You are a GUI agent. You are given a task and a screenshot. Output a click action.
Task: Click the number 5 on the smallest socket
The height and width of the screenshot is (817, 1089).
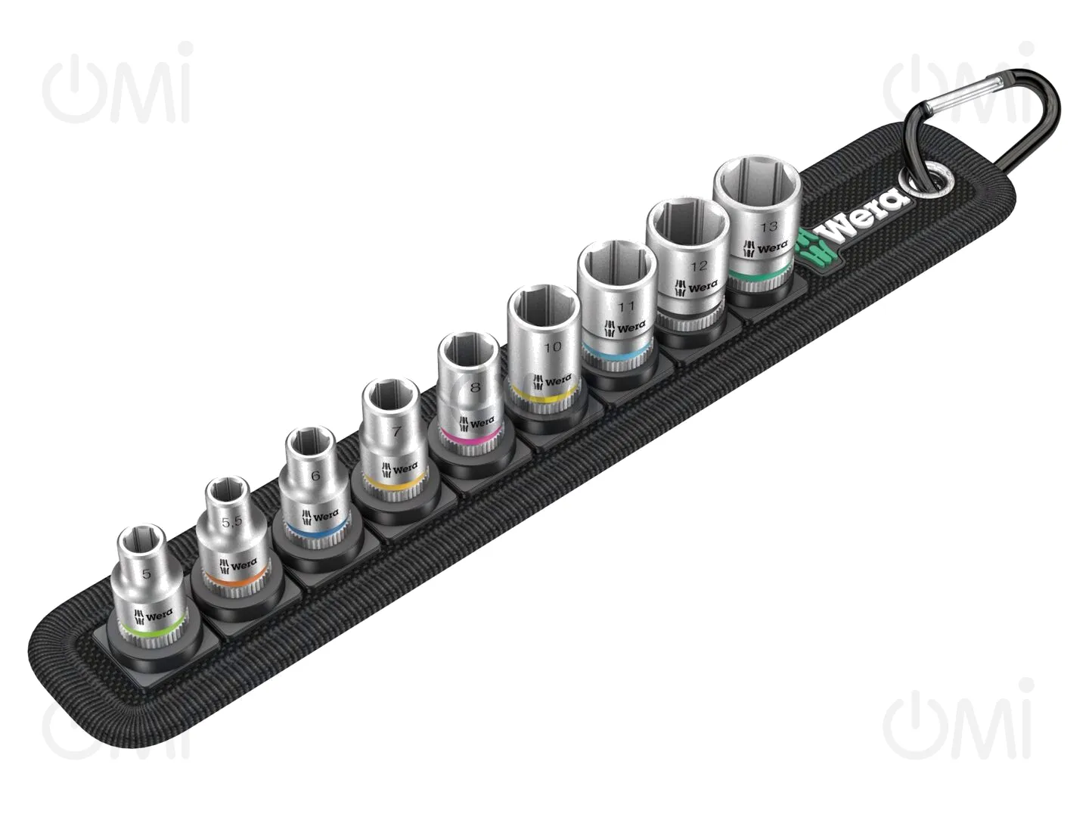coord(146,574)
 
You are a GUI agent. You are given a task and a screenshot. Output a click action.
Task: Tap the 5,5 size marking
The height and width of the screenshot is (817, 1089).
coord(231,522)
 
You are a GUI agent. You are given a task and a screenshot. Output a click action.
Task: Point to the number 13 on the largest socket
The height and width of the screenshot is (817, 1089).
coord(769,227)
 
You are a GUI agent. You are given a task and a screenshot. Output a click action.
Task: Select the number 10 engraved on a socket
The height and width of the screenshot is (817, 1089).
coord(553,346)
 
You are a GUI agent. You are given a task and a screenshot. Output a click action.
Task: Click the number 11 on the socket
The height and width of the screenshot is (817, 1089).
coord(626,306)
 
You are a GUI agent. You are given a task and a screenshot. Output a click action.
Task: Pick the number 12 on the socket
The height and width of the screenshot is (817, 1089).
coord(699,266)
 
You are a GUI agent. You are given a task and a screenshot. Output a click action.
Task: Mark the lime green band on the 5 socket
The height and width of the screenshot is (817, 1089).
coord(153,632)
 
